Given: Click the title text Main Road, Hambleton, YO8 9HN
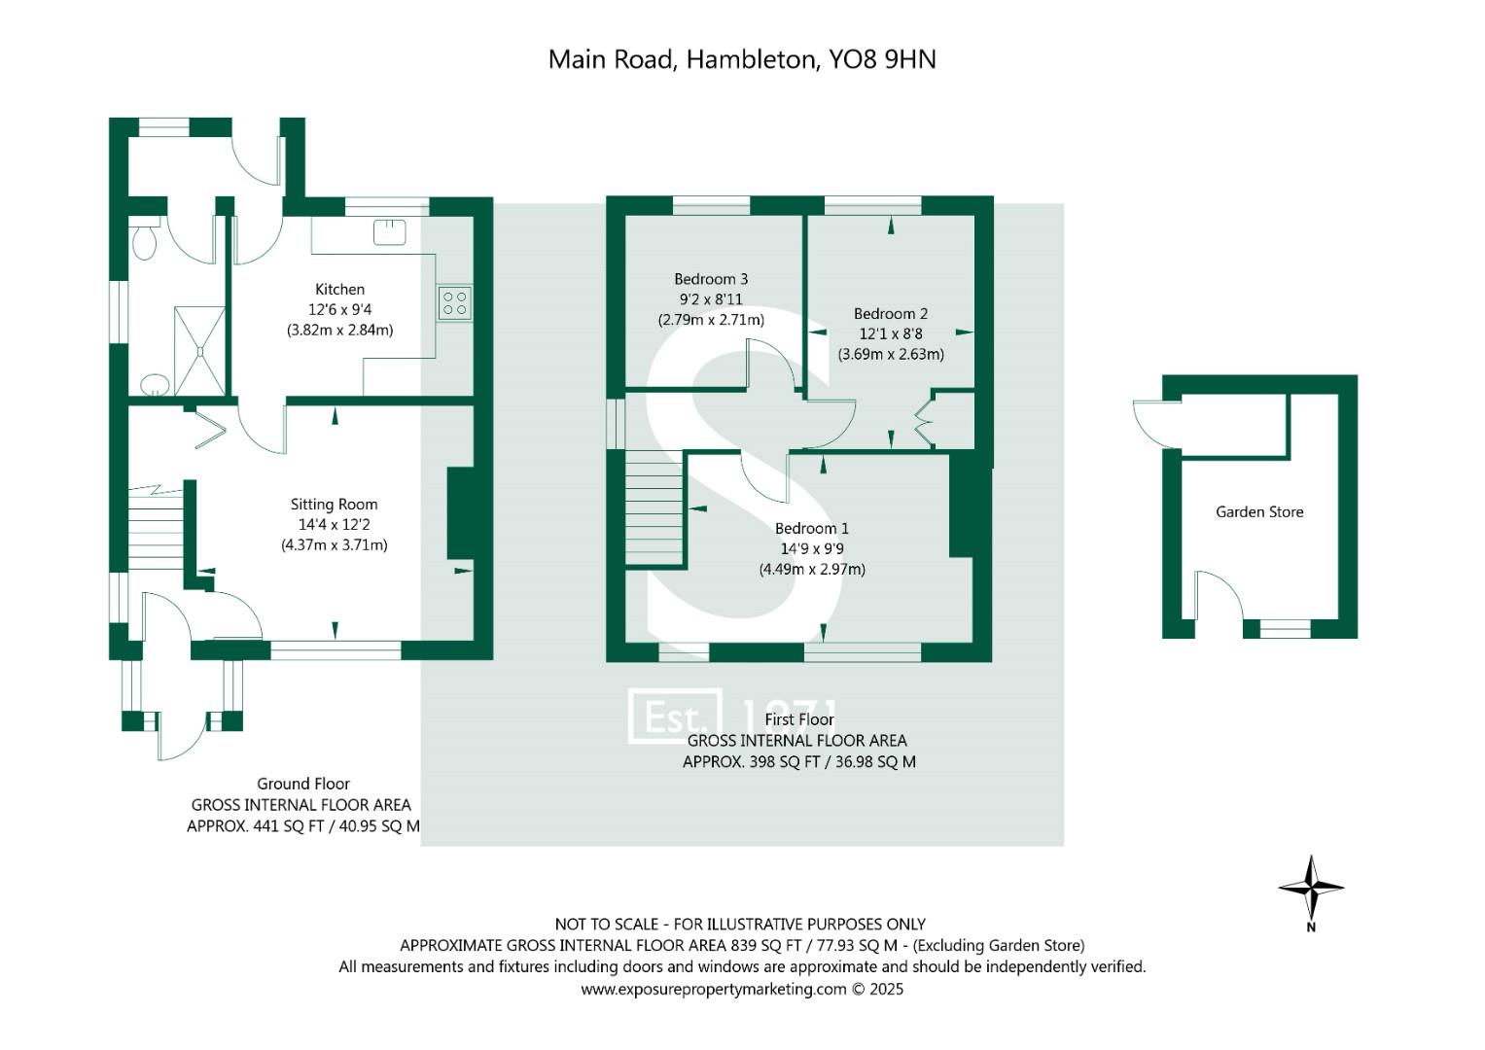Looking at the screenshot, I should pos(742,59).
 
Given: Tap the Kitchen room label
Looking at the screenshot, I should pos(339,289).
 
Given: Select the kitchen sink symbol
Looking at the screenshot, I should pos(389,231).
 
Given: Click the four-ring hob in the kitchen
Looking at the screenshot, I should pos(454,302).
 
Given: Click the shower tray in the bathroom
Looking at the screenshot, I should pos(199,350).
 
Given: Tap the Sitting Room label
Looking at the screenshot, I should pos(334,504).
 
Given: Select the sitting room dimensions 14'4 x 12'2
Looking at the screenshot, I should pos(334,524).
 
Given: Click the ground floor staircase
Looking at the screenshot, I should pos(156,530).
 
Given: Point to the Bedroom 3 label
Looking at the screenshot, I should pos(711,279).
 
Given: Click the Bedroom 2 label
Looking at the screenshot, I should pos(890,313).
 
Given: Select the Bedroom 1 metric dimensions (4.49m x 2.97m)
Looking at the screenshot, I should pos(812,569).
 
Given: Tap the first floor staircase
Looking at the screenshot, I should pos(654,510).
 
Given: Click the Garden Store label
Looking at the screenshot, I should pos(1259,511).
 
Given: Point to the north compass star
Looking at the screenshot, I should pos(1311,886).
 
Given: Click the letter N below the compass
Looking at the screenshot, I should pos(1311,927).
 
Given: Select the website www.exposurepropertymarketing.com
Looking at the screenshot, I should pos(714,989).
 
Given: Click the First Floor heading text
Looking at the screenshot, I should pos(799,719).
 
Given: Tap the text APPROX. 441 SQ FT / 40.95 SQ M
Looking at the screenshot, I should pos(303,826).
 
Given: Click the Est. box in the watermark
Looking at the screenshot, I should pos(675,717).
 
